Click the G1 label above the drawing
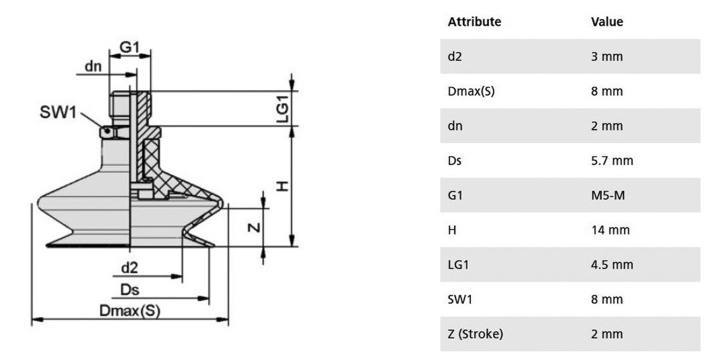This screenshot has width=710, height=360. point(130,47)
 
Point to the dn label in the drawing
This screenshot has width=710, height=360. point(94,67)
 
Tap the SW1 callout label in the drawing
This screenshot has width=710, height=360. point(58,112)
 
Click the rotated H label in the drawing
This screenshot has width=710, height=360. point(282,186)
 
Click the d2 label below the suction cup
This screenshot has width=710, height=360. point(129,268)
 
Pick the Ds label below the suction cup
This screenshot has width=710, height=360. point(130,290)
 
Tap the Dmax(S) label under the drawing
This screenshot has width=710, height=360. point(130,311)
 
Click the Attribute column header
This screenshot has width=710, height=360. point(474,22)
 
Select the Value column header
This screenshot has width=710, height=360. point(607,22)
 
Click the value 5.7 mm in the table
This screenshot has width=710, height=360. point(612,161)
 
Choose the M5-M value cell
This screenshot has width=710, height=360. point(607,196)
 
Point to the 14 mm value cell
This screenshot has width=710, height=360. point(610,230)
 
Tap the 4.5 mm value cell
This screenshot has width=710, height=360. point(612,265)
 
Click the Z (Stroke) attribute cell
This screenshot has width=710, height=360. point(476,334)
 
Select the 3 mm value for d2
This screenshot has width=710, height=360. point(607,57)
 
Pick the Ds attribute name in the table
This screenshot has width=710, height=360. point(455,161)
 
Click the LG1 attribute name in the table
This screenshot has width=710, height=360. point(458,265)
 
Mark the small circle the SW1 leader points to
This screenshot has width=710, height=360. point(106,132)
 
